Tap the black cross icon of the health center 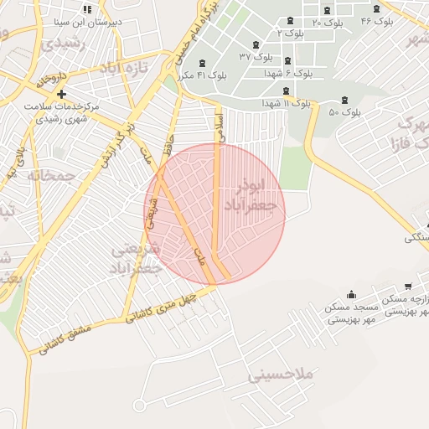tap(61, 94)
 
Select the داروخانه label tap(50, 79)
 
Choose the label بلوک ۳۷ tap(256, 56)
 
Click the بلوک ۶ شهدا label tap(293, 74)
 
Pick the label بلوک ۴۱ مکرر tap(206, 75)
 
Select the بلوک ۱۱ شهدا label tap(286, 102)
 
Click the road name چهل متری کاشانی tap(163, 306)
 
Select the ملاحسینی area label tap(280, 375)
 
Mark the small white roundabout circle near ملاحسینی tap(139, 406)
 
